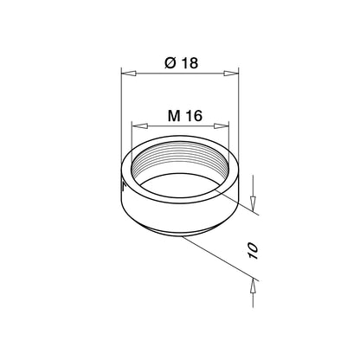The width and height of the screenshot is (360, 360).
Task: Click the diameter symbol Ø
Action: tap(170, 63)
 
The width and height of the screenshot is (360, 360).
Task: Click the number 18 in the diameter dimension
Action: tap(189, 63)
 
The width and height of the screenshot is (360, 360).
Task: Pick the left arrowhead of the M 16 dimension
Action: tap(135, 125)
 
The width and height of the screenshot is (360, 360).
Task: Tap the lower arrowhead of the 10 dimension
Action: tap(253, 283)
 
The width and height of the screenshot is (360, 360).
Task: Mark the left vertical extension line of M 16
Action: tap(130, 138)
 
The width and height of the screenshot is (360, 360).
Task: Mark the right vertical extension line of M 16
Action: tap(230, 138)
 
